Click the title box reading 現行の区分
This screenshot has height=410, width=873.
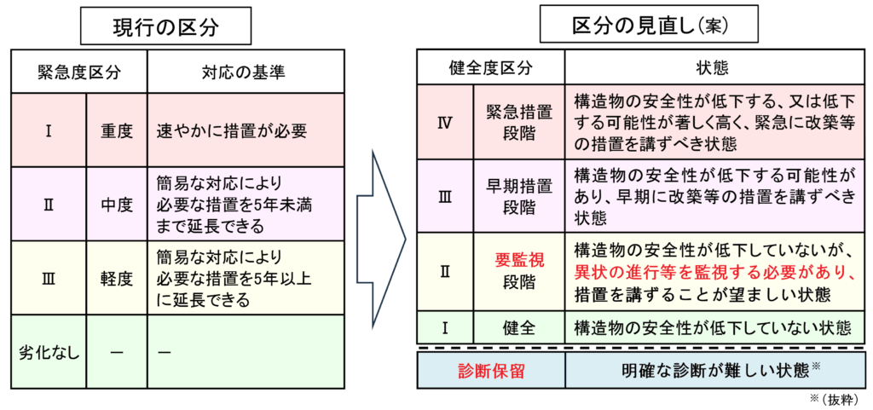pyautogui.click(x=165, y=27)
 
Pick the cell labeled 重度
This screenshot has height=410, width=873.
pyautogui.click(x=117, y=131)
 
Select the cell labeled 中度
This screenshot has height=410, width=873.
pyautogui.click(x=117, y=205)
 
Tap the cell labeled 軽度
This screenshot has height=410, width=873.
pyautogui.click(x=117, y=278)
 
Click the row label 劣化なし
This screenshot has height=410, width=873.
pyautogui.click(x=49, y=352)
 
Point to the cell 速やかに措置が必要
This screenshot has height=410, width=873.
pyautogui.click(x=231, y=131)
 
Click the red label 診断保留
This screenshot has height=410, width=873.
pyautogui.click(x=490, y=370)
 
